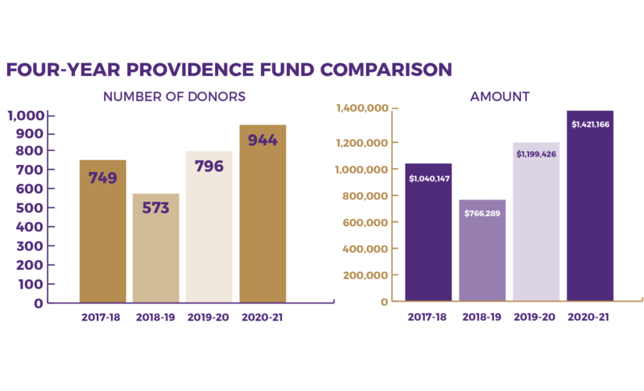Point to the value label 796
pos(209,166)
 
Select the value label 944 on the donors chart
pos(263,141)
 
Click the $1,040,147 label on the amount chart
pos(428,178)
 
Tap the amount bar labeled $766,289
pos(482,250)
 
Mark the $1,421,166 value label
pos(590,124)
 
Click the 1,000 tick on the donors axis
pos(26,117)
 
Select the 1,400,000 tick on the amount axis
pos(361,109)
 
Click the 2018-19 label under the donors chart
pos(156,317)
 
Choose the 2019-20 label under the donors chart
pos(209,317)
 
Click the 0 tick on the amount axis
pos(384,302)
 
